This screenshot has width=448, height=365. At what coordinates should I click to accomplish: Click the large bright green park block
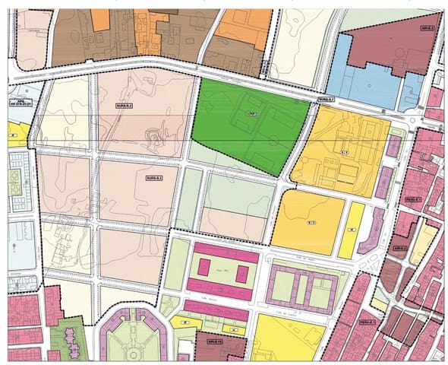point(243,125)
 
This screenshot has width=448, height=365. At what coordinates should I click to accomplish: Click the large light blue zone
point(361,72)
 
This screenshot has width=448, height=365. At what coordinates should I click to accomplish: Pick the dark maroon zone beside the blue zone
point(395,38)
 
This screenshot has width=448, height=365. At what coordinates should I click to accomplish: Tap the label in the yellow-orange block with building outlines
point(343,153)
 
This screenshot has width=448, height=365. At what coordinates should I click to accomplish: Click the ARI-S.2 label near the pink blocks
point(400,248)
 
